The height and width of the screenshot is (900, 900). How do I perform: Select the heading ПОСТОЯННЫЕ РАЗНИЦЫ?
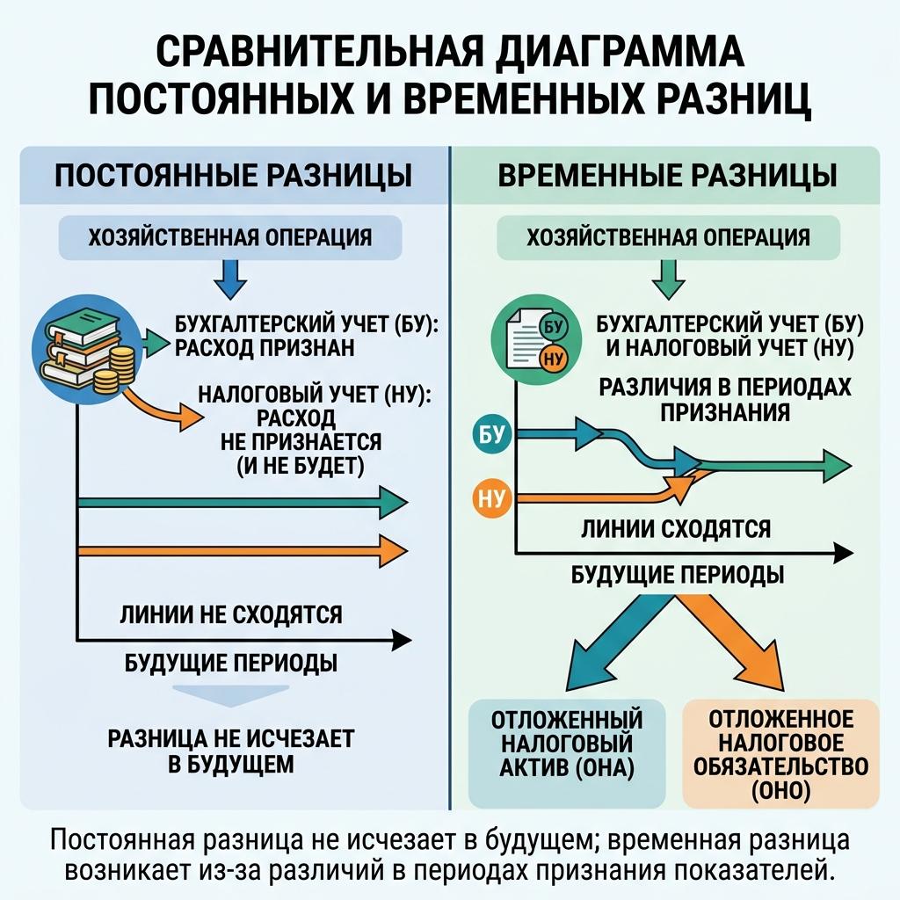click(x=233, y=175)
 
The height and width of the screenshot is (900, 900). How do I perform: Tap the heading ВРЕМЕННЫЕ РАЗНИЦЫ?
click(x=667, y=175)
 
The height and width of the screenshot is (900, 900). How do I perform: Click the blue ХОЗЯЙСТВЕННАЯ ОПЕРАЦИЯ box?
click(x=230, y=237)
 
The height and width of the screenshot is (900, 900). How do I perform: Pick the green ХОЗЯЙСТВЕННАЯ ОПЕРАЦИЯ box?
click(x=668, y=237)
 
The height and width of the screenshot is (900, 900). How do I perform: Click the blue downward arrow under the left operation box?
click(x=230, y=279)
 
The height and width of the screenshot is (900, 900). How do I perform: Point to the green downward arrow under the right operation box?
click(x=668, y=279)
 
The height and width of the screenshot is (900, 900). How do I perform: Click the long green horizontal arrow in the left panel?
click(x=243, y=502)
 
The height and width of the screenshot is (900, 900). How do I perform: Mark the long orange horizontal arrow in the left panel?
click(x=243, y=550)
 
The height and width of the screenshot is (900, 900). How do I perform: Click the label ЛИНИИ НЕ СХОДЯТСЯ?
click(x=231, y=614)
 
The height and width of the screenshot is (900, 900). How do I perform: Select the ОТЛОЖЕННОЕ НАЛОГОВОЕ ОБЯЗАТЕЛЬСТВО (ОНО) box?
click(x=781, y=753)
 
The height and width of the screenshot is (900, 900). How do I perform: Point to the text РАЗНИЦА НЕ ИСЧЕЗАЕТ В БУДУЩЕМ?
click(x=231, y=751)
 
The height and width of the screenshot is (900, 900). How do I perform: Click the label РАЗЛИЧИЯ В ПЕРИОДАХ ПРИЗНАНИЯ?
click(x=725, y=400)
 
